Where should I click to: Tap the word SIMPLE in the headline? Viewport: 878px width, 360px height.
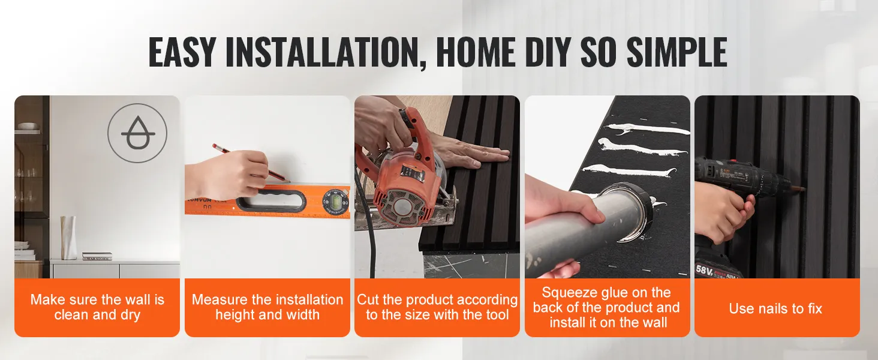tap(677, 52)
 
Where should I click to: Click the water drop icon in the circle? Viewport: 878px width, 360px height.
tap(137, 133)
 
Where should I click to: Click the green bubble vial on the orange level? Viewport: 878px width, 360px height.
tap(336, 202)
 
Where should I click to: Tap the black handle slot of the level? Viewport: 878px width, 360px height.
tap(270, 202)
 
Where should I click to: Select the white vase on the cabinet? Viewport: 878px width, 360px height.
tap(68, 238)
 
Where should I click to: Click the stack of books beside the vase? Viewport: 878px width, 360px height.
tap(97, 256)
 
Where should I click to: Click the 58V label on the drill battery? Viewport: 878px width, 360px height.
tap(704, 270)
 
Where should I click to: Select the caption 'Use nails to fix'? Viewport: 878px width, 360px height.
tap(775, 308)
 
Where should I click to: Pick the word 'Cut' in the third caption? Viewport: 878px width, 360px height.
tap(368, 299)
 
